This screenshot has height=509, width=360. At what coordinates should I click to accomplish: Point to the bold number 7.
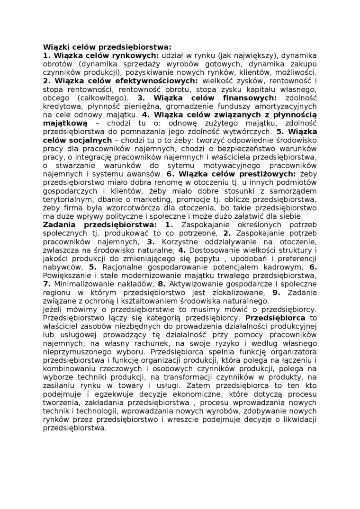coord(46,284)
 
